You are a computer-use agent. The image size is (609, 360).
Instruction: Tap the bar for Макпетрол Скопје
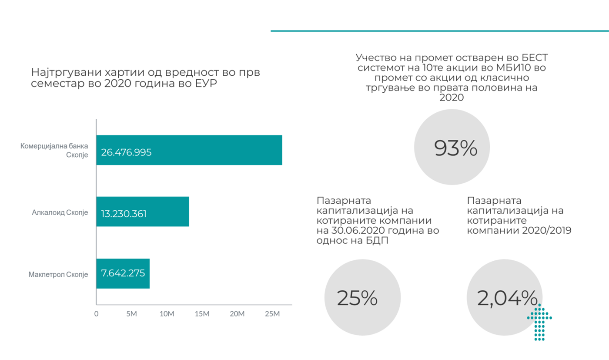(x=123, y=273)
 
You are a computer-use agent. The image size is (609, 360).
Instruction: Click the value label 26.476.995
(x=126, y=153)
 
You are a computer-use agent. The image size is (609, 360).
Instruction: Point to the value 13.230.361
(x=124, y=214)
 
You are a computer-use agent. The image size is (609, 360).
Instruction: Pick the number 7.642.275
(x=123, y=273)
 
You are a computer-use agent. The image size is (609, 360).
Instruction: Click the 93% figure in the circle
(x=456, y=149)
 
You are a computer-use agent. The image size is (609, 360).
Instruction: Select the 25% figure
(x=357, y=298)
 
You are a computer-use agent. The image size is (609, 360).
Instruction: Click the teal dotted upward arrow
(x=539, y=322)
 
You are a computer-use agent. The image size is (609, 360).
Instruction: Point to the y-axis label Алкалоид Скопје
(x=60, y=213)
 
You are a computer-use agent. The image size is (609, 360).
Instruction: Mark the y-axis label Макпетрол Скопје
(x=58, y=275)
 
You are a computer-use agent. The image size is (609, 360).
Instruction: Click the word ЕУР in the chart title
(x=202, y=84)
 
